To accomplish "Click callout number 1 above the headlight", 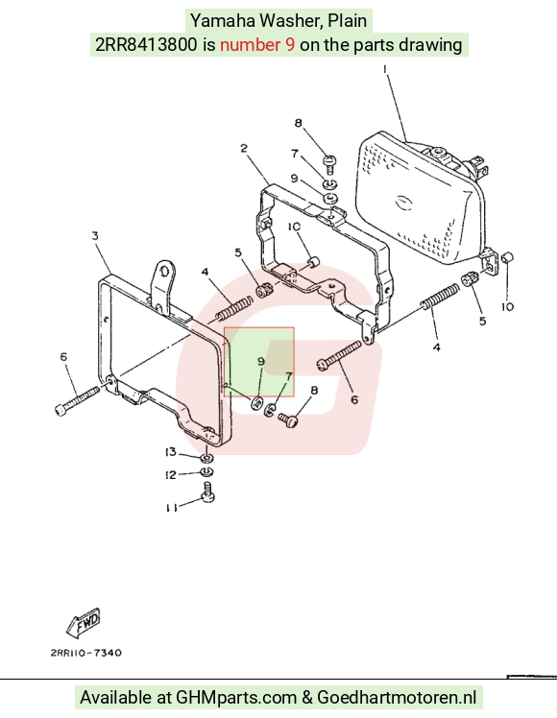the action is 385,70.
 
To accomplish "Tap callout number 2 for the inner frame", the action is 244,148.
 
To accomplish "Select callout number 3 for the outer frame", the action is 95,236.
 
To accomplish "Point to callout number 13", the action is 170,452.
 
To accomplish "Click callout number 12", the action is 170,475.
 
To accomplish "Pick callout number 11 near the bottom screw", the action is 171,508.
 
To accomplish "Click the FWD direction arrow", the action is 84,622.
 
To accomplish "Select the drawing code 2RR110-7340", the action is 86,653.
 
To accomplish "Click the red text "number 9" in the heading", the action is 257,44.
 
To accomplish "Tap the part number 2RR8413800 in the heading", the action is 146,44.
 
